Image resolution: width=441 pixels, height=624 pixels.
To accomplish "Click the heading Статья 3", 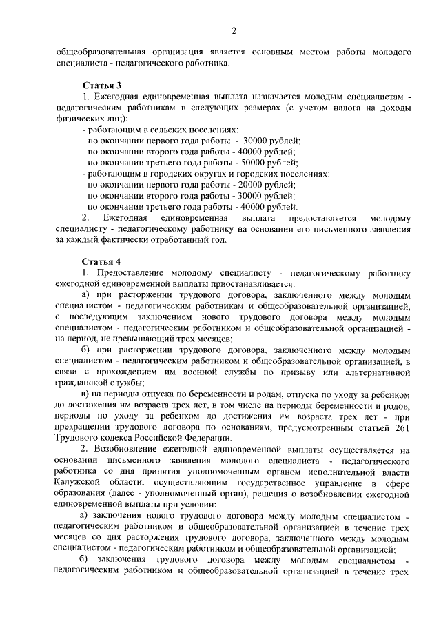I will pyautogui.click(x=101, y=85).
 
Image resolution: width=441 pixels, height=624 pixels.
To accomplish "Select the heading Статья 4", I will pyautogui.click(x=101, y=262).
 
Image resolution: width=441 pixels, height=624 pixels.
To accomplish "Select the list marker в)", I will pyautogui.click(x=85, y=394).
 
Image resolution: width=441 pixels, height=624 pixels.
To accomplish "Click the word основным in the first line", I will pyautogui.click(x=289, y=52).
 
